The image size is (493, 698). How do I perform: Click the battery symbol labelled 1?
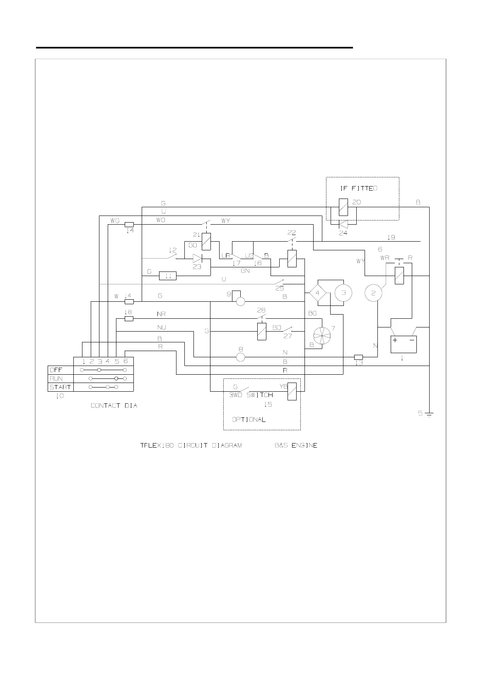point(404,344)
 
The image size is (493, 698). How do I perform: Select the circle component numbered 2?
point(373,293)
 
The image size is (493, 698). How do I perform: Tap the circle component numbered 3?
point(343,293)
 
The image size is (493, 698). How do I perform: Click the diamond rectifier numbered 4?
point(318,293)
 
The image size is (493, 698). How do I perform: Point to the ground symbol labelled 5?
point(429,414)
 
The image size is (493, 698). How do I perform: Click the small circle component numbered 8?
point(240,357)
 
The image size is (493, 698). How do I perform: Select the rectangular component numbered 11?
point(168,276)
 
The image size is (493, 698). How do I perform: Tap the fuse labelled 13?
point(359,357)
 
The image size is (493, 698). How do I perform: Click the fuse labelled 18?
point(129,319)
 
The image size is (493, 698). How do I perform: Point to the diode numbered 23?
point(197,258)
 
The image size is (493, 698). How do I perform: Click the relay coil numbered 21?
point(206,242)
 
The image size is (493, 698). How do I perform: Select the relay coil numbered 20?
point(343,207)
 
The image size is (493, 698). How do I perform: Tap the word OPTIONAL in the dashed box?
point(249,419)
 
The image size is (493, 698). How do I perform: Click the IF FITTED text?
point(359,188)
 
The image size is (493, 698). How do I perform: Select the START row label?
point(60,387)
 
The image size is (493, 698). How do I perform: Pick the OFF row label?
point(56,370)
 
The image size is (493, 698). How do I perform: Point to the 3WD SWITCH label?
point(251,395)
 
